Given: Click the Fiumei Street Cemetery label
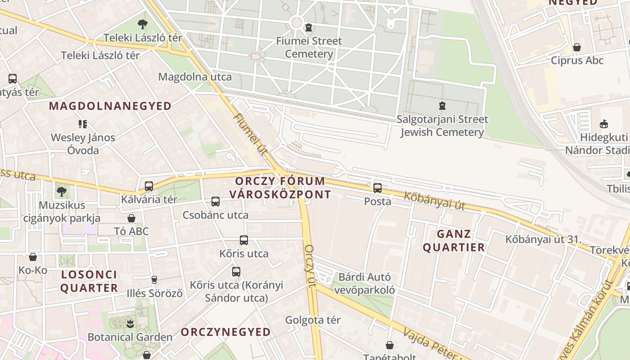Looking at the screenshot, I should coord(309,48).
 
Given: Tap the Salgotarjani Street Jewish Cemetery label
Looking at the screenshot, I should coord(442,126).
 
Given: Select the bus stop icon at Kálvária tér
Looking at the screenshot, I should coord(149,186).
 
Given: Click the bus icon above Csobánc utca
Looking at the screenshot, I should coord(216,202).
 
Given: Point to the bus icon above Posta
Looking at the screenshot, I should coord(378,188).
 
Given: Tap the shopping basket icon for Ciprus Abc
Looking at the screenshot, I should coord(577,47).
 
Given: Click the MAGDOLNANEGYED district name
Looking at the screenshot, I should coord(110,106).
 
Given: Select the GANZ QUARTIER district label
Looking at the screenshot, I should coord(454,240).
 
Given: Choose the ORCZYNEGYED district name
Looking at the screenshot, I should coord(226,332).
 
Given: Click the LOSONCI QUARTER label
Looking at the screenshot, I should coord(89,281).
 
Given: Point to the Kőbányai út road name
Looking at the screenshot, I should coord(434,201).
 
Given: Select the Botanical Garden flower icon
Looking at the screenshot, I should coord(130,324).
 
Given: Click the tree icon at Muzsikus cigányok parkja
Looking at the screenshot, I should coord(62,192).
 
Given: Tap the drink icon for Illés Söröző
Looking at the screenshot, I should coord(154,280).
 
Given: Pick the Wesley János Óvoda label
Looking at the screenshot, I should coord(83,144).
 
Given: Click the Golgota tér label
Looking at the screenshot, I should coord(313,320).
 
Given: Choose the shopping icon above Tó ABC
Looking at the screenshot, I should coord(131,218).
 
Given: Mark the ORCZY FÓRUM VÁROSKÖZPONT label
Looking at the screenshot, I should coord(280,188).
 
